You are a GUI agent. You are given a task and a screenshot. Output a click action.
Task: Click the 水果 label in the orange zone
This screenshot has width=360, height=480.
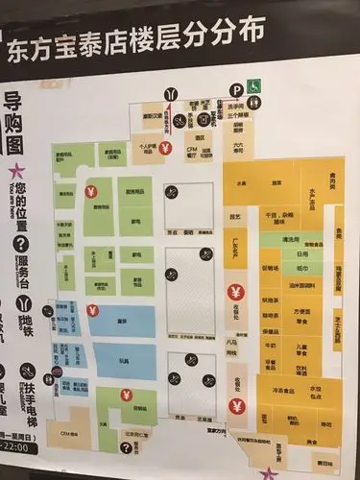coord(241,182)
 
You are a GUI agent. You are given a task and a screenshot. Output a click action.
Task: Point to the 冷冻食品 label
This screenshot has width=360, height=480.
coord(278,389)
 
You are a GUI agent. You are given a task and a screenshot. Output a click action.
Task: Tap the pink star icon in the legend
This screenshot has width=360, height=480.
coord(16,169)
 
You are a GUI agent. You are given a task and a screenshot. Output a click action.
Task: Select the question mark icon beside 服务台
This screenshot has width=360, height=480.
coord(17,243)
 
